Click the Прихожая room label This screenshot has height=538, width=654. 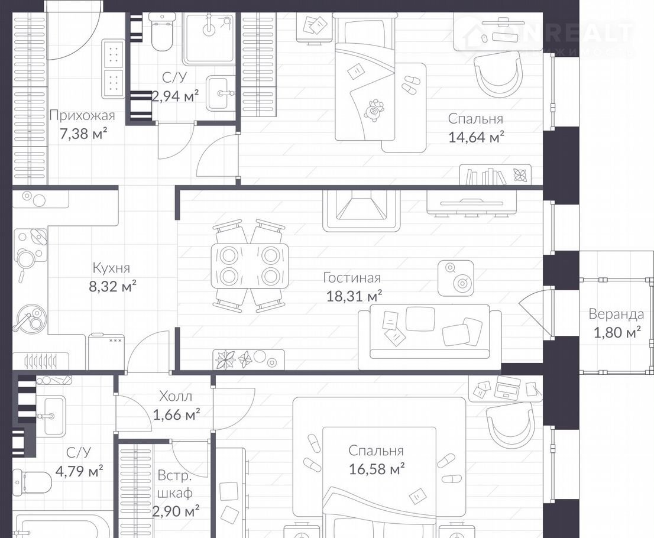coord(82,115)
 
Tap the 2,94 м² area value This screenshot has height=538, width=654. coord(175,96)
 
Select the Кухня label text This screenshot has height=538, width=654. coord(111,267)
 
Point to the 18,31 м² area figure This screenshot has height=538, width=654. coord(348,296)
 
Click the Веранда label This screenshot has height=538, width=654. coord(616,314)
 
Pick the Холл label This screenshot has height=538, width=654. coord(176,396)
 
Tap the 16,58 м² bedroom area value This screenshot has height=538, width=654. coord(377,469)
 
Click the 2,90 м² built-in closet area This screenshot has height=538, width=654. coord(175,510)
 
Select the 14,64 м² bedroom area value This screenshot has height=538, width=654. coord(476,137)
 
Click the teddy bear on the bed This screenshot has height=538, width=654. coord(375,111)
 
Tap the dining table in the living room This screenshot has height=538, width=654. coord(250,265)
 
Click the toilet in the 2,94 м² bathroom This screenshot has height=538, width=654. coord(161,32)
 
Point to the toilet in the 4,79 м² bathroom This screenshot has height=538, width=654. coord(32,482)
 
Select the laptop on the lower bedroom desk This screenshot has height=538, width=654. coord(507,387)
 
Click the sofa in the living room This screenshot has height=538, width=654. coord(430,336)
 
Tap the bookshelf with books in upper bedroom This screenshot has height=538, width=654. coord(496,175)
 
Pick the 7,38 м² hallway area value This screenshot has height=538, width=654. coord(83,134)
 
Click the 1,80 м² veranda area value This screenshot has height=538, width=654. coord(617,332)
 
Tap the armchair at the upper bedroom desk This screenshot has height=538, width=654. coord(498,75)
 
